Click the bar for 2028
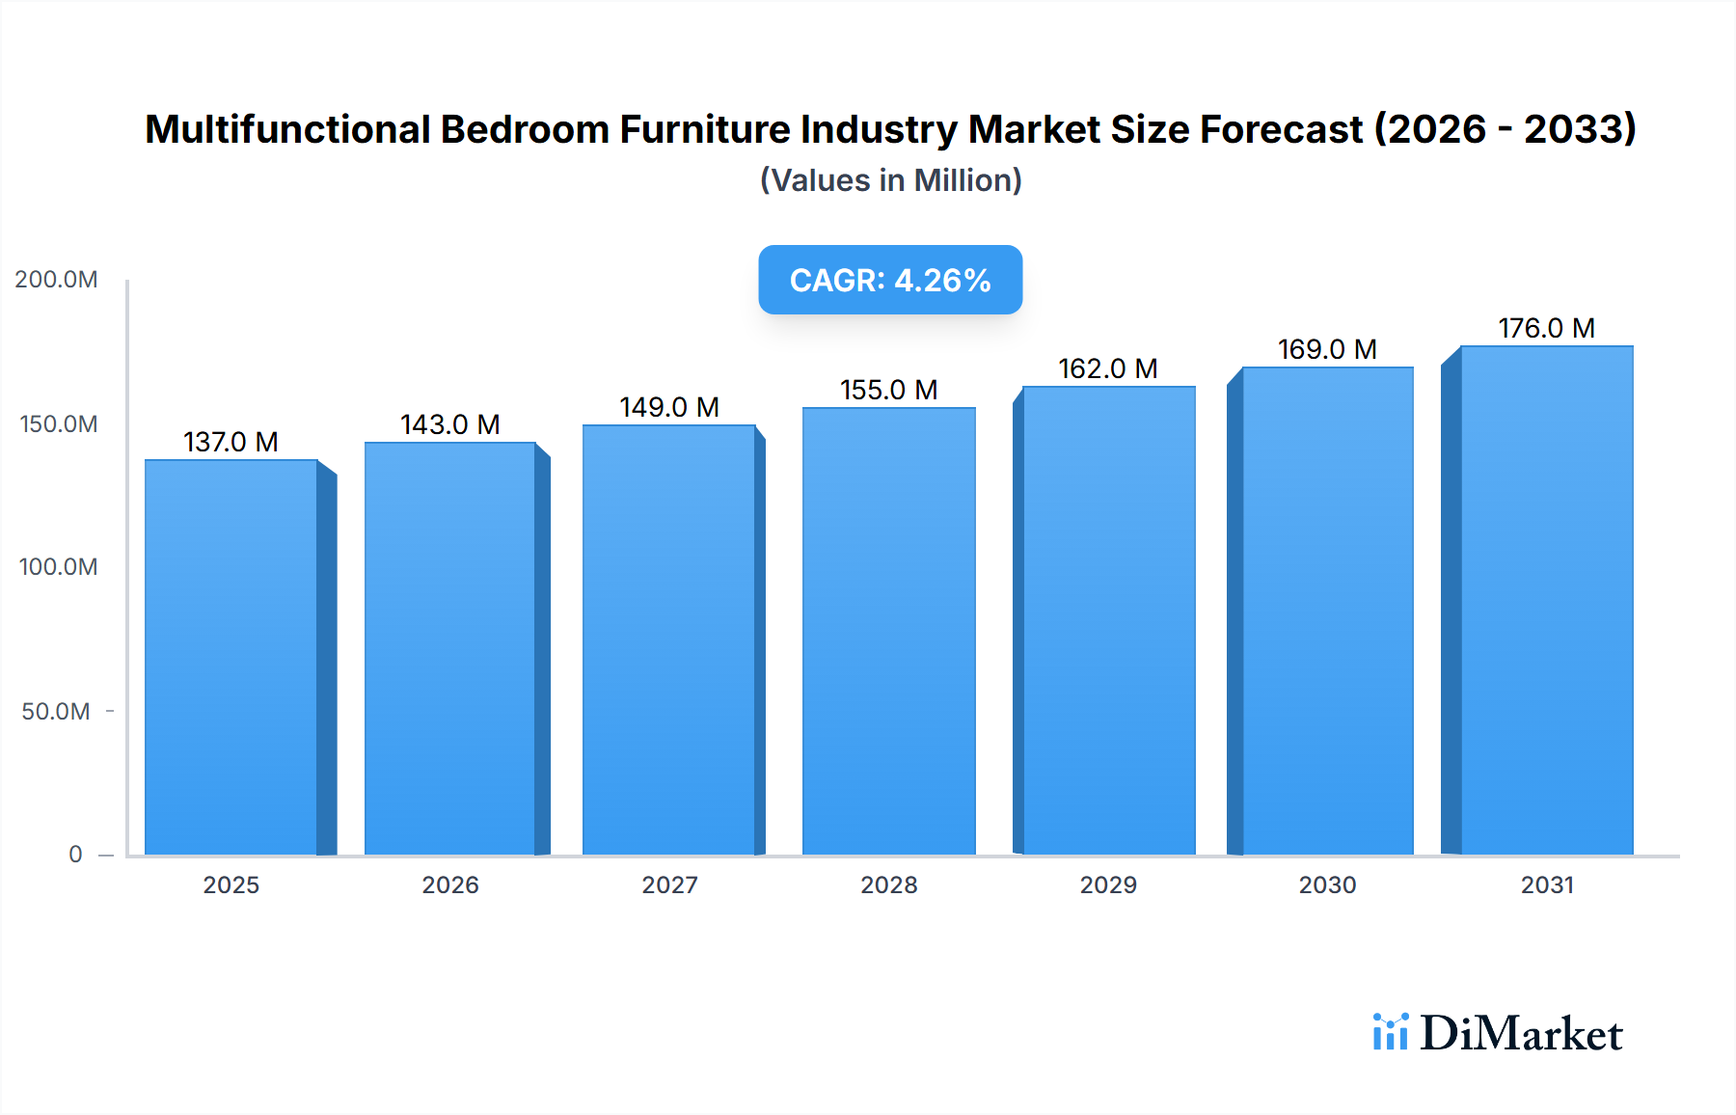[x=888, y=632]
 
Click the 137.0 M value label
[x=231, y=442]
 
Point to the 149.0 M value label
[x=669, y=407]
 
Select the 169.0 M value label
[x=1327, y=349]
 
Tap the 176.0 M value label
[x=1546, y=328]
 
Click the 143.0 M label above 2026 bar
[x=450, y=424]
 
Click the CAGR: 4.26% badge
[x=890, y=280]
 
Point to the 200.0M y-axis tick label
[x=56, y=280]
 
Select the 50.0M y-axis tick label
[x=56, y=712]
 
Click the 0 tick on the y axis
[x=75, y=855]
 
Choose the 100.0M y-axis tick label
[x=58, y=567]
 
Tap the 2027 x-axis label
[x=669, y=885]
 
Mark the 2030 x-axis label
[x=1327, y=885]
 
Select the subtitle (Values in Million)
[x=890, y=180]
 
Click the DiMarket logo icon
[x=1390, y=1032]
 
